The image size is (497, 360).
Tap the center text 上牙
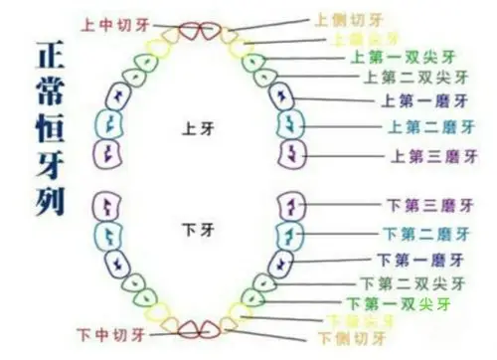pyautogui.click(x=195, y=128)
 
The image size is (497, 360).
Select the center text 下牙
pyautogui.click(x=195, y=230)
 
